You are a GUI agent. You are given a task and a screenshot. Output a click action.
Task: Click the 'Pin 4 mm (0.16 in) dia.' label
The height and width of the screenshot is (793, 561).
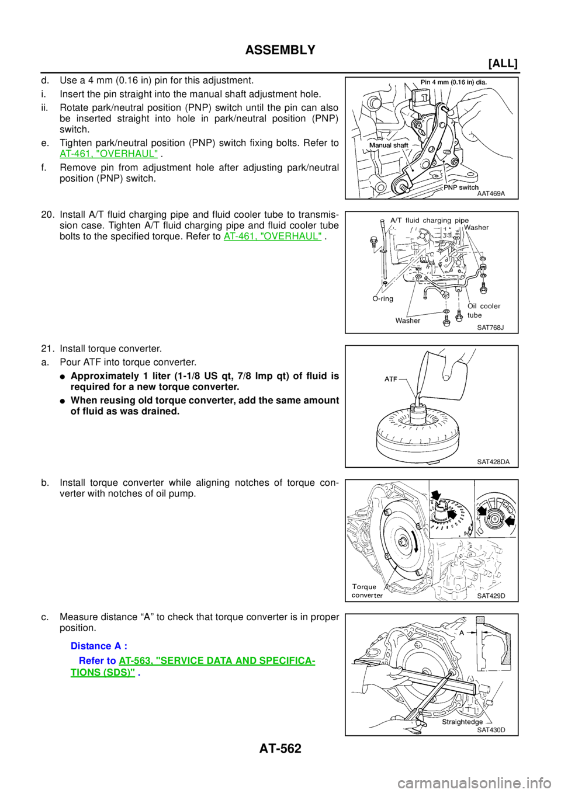[x=453, y=82]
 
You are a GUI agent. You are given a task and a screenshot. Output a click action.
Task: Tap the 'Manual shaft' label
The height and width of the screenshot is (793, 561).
[x=389, y=145]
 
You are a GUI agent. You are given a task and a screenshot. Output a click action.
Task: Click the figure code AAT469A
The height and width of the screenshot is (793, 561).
[x=490, y=194]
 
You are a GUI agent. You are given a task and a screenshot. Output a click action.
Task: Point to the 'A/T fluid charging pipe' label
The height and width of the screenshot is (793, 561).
[x=429, y=221]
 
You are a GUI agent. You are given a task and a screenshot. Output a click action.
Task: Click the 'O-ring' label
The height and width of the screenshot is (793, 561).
[x=383, y=298]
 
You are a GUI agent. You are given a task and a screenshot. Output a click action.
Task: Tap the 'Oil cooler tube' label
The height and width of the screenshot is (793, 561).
[x=483, y=310]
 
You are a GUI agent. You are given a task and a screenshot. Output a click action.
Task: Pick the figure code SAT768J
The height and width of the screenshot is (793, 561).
[x=490, y=328]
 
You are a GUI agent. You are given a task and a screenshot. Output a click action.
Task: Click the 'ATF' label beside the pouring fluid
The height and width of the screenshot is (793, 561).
[x=391, y=379]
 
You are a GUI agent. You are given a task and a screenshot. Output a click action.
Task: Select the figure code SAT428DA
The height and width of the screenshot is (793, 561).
[x=493, y=462]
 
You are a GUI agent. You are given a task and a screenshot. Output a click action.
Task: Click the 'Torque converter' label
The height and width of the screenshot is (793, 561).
[x=367, y=591]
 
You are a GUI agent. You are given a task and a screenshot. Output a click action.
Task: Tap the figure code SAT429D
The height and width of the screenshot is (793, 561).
[x=491, y=596]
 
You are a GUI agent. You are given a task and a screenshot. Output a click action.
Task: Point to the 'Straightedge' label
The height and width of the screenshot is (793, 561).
[x=462, y=722]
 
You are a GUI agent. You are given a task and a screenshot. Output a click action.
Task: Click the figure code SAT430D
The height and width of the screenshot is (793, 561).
[x=491, y=730]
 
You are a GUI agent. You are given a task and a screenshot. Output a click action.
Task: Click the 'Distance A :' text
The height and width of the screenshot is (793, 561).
[x=99, y=646]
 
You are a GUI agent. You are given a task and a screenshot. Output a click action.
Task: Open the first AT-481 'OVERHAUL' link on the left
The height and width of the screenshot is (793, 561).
[x=109, y=154]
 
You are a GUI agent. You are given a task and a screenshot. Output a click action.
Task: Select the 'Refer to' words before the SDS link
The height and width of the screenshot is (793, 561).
[x=97, y=660]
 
